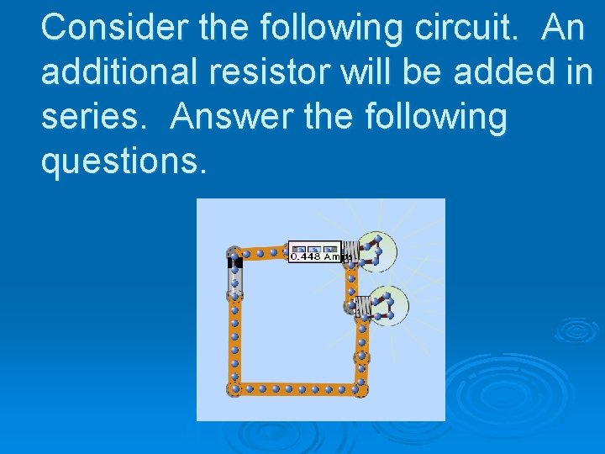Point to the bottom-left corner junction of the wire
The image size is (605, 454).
pos(234,388)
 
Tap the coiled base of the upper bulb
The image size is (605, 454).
pos(352,252)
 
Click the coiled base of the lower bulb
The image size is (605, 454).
pos(362,308)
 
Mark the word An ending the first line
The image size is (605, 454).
pos(563,28)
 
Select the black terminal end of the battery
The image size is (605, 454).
pos(235,262)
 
